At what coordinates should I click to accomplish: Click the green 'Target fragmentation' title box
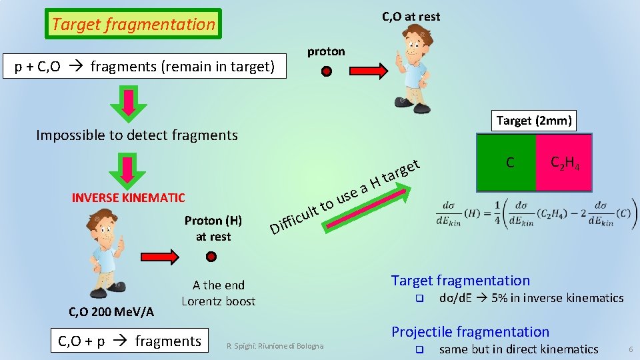point(133,25)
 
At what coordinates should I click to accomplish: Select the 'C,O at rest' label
point(411,17)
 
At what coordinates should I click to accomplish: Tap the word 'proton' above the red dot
point(326,51)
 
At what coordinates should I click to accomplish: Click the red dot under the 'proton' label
point(327,71)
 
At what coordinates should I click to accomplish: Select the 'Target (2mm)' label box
point(533,121)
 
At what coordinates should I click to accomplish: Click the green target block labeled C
point(507,162)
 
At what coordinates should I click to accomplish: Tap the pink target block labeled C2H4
point(564,162)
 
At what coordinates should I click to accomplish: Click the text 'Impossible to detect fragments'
point(137,135)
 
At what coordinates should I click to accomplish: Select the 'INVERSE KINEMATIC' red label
point(128,197)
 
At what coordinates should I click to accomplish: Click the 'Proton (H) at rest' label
point(213,229)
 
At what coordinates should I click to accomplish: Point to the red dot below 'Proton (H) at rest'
point(211,257)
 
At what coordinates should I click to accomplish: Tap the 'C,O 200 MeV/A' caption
point(112,311)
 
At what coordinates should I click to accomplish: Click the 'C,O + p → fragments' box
point(130,341)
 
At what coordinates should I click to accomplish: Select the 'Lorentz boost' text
point(219,301)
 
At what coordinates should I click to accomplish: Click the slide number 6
point(630,349)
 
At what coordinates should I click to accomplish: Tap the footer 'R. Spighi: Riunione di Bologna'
point(275,346)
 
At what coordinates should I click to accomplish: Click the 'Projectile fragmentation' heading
point(470,332)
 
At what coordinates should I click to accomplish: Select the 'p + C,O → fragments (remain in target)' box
point(145,67)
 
